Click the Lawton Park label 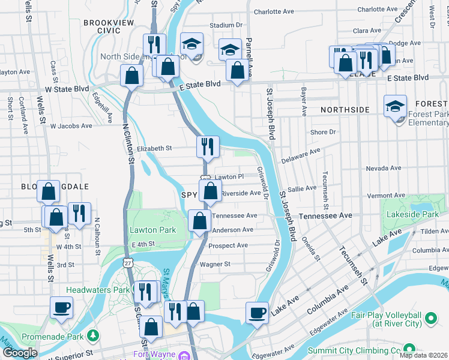pos(152,230)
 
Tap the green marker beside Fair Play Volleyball pos(430,318)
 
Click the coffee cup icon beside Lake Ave pos(258,313)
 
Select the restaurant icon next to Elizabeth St pos(208,146)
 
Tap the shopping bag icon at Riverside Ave pos(210,192)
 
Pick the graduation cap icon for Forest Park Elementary pos(395,106)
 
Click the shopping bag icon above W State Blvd pos(131,76)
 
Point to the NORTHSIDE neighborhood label pos(345,110)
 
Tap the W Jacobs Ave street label pos(71,126)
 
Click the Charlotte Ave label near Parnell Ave pos(274,11)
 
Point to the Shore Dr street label pos(323,132)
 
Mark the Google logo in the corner pos(20,353)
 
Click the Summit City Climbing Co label pos(354,350)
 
